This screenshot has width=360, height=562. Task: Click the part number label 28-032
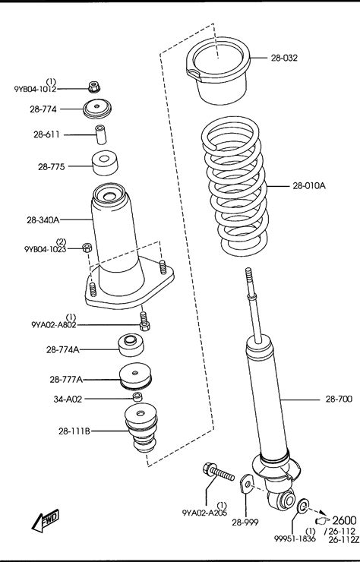click(284, 58)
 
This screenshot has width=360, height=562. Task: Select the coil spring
click(235, 186)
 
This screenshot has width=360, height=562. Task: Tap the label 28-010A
click(309, 185)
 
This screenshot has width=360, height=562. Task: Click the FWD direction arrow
click(46, 520)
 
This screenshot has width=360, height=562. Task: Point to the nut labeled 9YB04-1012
click(94, 87)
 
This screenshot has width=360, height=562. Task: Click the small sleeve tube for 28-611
click(101, 134)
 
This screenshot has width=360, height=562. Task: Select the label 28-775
click(52, 166)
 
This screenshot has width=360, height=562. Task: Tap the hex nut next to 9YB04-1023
click(87, 248)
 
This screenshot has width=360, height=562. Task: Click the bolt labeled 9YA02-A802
click(144, 320)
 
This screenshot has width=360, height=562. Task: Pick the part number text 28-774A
click(63, 349)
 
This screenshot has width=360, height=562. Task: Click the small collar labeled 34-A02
click(137, 396)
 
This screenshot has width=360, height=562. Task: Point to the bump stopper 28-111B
click(141, 428)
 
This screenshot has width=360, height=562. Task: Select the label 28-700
click(339, 399)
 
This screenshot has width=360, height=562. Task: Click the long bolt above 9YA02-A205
click(219, 472)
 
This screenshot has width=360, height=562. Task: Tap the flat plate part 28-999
click(247, 484)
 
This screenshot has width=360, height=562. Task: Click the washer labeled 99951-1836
click(303, 505)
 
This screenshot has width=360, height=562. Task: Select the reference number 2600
click(344, 520)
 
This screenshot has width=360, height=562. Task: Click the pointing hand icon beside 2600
click(322, 520)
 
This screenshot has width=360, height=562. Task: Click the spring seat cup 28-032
click(218, 70)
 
